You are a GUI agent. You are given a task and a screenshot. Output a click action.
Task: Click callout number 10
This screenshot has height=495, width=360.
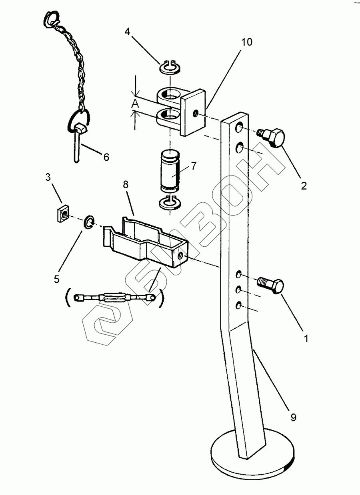pos(247,42)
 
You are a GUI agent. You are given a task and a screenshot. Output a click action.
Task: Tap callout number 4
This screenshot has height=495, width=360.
pos(127,32)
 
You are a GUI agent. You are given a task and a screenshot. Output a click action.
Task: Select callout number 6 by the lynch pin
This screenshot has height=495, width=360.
pos(106,157)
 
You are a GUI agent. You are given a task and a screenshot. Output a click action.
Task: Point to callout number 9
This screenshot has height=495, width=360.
pos(293,418)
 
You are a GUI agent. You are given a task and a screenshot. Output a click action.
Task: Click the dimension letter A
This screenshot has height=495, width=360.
pos(136,104)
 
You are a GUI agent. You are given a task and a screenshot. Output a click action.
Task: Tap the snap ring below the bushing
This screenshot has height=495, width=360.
pos(170,204)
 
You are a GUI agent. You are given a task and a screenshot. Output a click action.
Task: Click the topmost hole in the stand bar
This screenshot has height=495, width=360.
pos(240,128)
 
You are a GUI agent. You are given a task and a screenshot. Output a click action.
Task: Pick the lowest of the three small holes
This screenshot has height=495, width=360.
pos(239,306)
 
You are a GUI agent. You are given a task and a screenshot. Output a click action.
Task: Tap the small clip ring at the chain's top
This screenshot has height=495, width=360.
pos(52,19)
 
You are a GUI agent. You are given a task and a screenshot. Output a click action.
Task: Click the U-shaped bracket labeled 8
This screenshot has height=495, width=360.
pos(144,244)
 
